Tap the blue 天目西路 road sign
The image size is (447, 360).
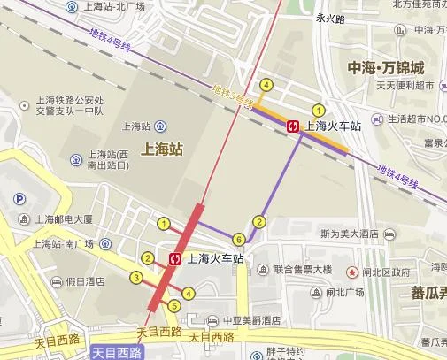[x=117, y=353]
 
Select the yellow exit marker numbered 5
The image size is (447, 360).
[x=174, y=306]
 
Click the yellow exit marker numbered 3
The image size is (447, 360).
[x=136, y=279]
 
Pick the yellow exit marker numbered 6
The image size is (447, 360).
[x=238, y=239]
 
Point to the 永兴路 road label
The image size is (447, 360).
[x=327, y=13]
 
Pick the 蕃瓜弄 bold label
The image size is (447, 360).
[x=420, y=292]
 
